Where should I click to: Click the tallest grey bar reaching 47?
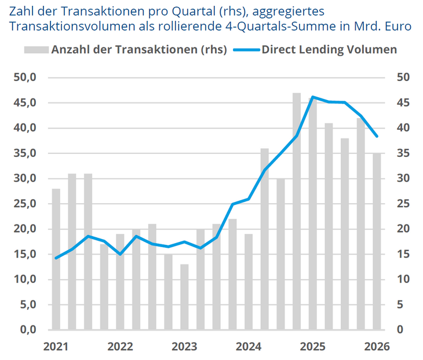tap(297, 211)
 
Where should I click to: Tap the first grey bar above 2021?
tap(56, 259)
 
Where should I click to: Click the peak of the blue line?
tap(313, 97)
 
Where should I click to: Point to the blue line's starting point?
tap(56, 258)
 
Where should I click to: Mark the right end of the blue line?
tap(377, 136)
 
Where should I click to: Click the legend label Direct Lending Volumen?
tap(329, 50)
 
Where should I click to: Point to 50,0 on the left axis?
tap(25, 78)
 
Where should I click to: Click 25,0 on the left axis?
tap(25, 204)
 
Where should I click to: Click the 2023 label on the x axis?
tap(184, 347)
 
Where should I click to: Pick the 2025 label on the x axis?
tap(313, 347)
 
